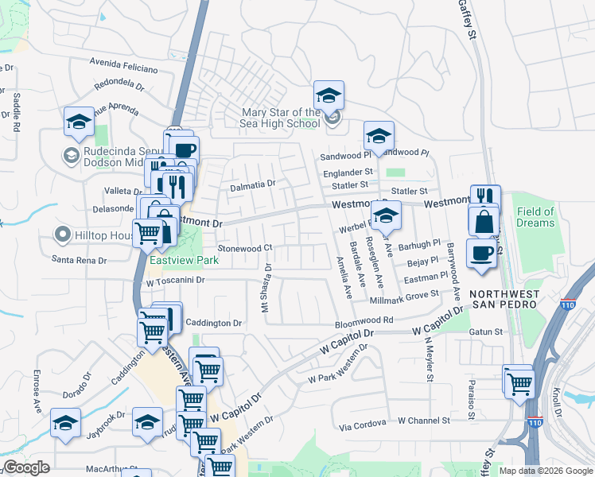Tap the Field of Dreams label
535,217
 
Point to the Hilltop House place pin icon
62,235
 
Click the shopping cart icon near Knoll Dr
518,382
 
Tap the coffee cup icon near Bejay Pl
481,254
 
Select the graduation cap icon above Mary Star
328,97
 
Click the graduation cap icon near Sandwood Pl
379,136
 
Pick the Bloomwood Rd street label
364,320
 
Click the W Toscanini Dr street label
176,281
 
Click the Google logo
26,467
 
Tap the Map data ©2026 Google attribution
545,471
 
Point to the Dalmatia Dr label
252,184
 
